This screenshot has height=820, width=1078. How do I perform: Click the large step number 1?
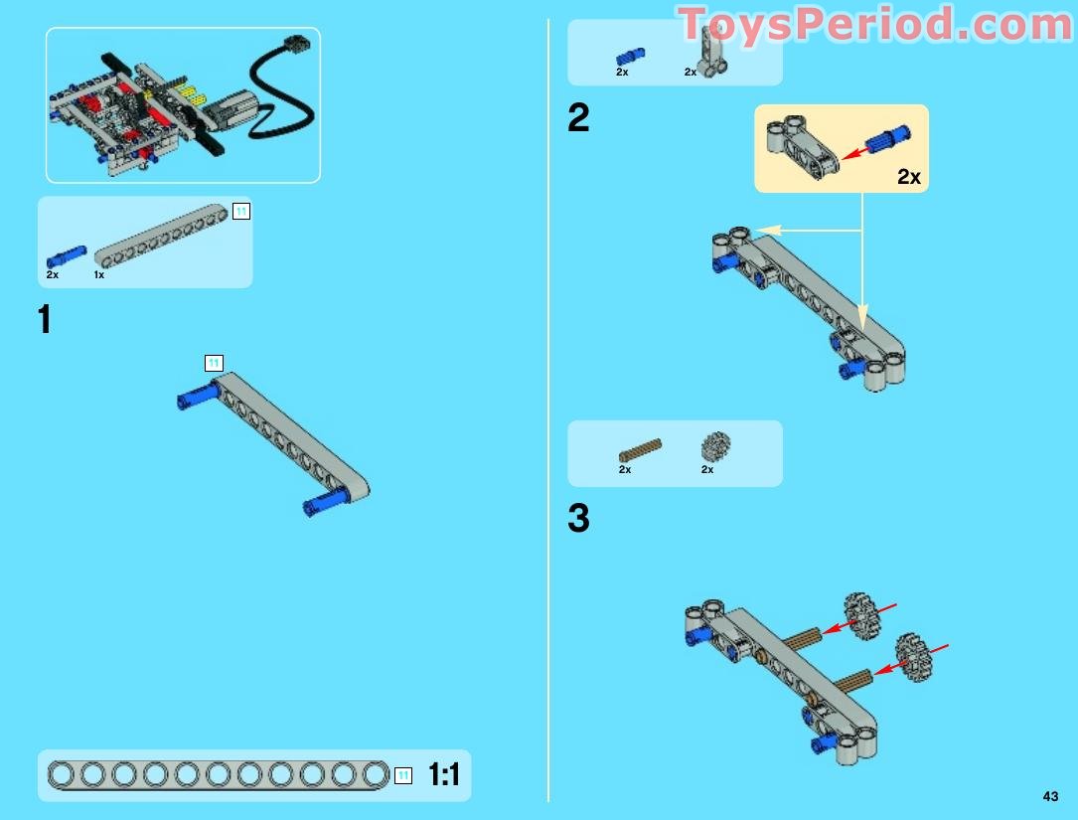click(45, 319)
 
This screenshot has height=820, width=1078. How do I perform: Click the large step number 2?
click(578, 117)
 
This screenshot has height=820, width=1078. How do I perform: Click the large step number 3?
click(578, 518)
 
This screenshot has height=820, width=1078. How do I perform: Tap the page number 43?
click(1050, 796)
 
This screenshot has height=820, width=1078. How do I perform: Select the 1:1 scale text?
click(444, 774)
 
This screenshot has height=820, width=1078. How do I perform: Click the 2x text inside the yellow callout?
click(908, 177)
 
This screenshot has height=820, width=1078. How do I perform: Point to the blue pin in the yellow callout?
click(887, 138)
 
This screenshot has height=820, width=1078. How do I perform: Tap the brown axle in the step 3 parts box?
click(640, 450)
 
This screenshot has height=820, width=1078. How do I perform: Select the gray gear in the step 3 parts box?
click(715, 446)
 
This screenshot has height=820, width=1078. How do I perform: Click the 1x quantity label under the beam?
click(99, 274)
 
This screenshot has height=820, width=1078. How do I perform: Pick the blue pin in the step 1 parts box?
click(67, 256)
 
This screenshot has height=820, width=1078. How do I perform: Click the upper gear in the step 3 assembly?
click(859, 615)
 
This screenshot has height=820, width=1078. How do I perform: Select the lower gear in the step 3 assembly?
click(912, 657)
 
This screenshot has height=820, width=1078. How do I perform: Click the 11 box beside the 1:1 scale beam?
click(403, 775)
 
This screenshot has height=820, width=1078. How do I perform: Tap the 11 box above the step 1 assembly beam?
click(214, 363)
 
